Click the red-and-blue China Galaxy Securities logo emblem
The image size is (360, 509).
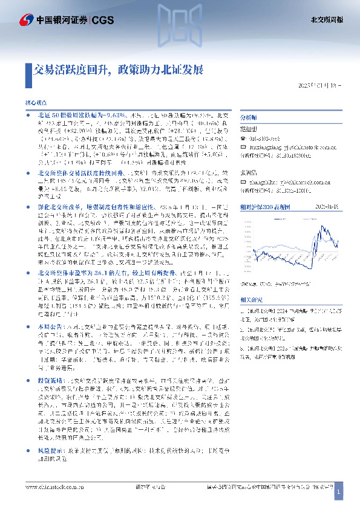[26, 20]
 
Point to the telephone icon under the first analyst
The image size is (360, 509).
[243, 137]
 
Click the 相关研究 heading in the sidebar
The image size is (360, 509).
[252, 299]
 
